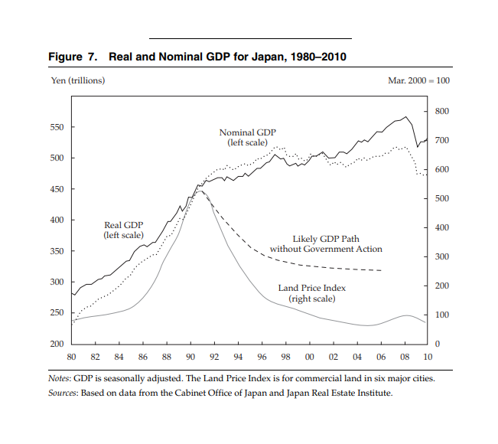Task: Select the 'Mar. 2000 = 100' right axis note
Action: (x=419, y=80)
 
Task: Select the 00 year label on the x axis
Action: (x=310, y=357)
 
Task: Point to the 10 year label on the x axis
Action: (x=428, y=357)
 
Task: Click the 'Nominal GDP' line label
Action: (x=246, y=133)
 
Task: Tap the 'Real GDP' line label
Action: (x=123, y=225)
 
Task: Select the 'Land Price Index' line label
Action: (x=312, y=288)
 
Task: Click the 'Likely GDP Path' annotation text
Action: (x=326, y=239)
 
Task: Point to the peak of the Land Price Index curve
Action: (x=200, y=191)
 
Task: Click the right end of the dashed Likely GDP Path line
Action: (x=381, y=270)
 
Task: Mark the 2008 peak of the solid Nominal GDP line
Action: (x=405, y=117)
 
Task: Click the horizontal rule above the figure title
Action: (x=249, y=38)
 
